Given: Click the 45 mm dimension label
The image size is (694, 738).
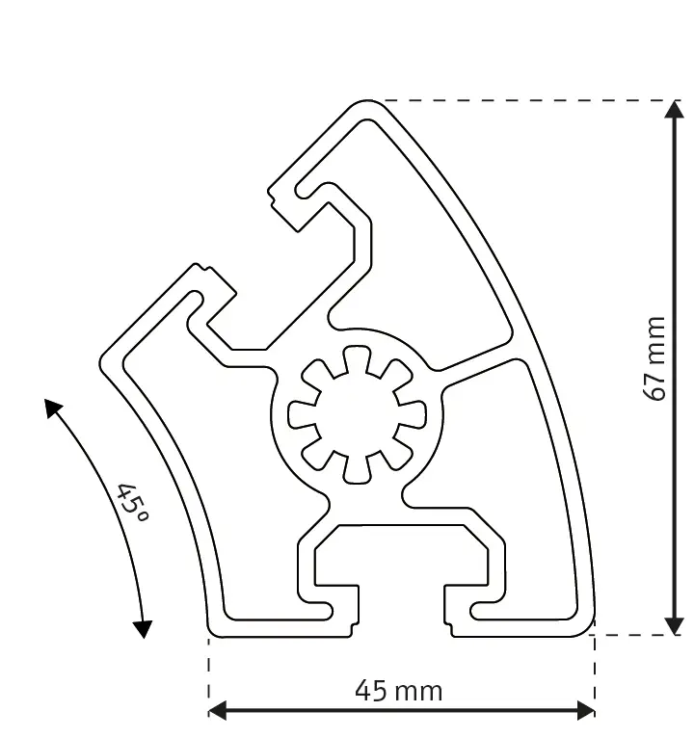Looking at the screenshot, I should [x=399, y=690].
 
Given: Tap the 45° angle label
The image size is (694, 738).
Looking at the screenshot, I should [x=131, y=501].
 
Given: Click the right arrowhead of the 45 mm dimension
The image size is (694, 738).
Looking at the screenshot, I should [x=584, y=711].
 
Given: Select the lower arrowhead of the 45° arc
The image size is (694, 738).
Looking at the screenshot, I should [x=142, y=627].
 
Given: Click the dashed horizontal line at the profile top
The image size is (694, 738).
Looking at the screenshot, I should [x=520, y=99].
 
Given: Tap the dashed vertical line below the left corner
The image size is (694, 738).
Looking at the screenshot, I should [x=209, y=674].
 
